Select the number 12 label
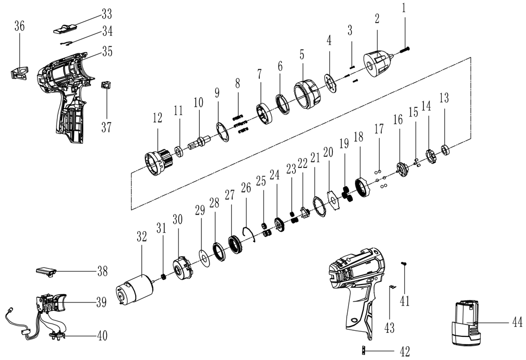pos(157,119)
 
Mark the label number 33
pos(106,12)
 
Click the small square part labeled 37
pos(106,85)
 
